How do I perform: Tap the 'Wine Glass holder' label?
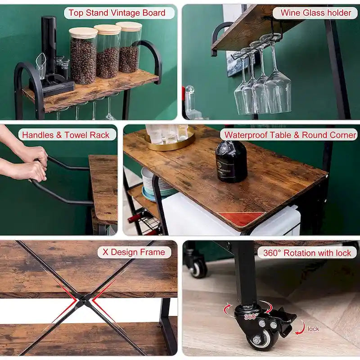tap(316, 13)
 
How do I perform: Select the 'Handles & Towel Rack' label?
tap(66, 135)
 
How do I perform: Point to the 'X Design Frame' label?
tap(134, 252)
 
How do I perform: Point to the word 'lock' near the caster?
tap(314, 329)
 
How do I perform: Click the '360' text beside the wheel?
tap(250, 316)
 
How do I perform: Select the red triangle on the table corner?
tap(242, 219)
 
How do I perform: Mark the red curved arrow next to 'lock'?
tap(300, 328)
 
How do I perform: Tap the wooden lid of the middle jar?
tap(107, 29)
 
